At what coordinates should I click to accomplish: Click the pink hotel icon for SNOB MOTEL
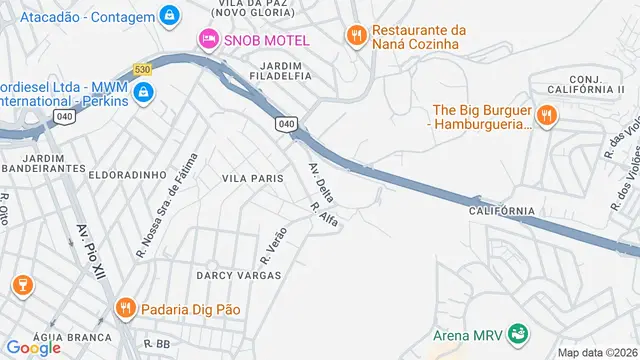(x=208, y=38)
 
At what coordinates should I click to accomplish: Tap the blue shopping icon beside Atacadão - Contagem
(x=170, y=16)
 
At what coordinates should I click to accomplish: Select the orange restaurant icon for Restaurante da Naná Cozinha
(x=355, y=37)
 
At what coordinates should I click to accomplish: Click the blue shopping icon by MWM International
(x=144, y=93)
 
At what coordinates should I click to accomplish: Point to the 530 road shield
(x=144, y=69)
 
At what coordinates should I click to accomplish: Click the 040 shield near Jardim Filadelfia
(x=287, y=123)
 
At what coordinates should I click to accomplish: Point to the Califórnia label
(x=501, y=211)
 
